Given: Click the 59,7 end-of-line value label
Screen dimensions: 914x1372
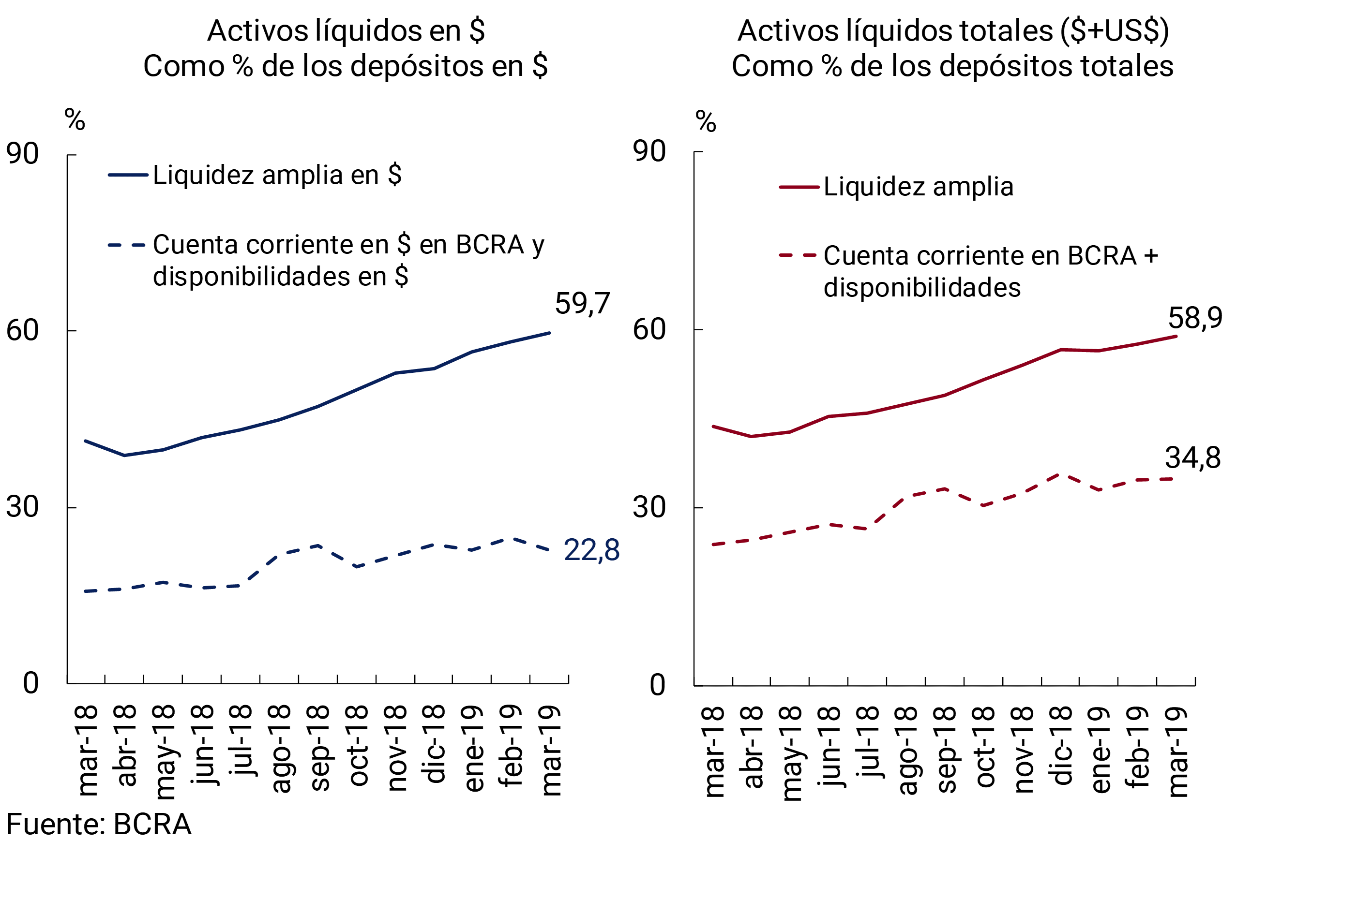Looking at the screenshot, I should [582, 303].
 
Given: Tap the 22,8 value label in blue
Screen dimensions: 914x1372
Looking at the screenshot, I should [591, 550].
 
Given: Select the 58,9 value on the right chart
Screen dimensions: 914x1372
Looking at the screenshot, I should [1195, 318].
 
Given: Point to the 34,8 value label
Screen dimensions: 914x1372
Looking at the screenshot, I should [1192, 457].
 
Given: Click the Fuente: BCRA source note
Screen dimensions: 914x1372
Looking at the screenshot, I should [99, 824].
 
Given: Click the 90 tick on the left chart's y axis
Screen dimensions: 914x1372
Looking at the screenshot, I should [22, 154].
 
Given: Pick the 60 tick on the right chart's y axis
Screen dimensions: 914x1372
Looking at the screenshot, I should [648, 329].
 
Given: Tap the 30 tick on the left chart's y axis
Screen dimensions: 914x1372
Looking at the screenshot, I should [22, 506].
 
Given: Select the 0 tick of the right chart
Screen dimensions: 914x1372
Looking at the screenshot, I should [657, 685].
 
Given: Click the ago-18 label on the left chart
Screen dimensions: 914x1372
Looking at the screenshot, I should [280, 749].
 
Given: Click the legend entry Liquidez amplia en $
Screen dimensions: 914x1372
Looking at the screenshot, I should [277, 175].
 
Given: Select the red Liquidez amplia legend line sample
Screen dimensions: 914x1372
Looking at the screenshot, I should [799, 187].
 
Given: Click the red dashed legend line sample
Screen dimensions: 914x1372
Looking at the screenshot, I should [798, 255].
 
